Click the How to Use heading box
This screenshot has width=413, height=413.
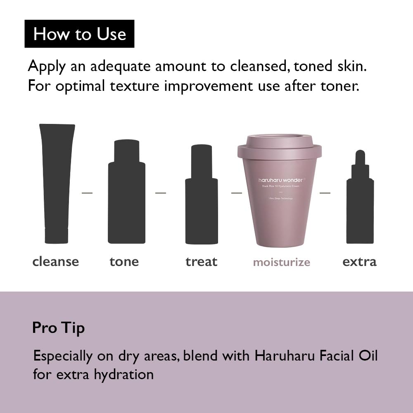(x=79, y=34)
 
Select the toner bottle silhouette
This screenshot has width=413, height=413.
(x=126, y=194)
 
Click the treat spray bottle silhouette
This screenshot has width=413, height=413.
(x=201, y=198)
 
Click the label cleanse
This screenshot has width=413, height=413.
(x=55, y=261)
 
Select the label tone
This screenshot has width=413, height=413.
(x=124, y=261)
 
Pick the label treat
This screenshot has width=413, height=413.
(x=201, y=261)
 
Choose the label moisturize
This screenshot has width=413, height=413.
(x=281, y=262)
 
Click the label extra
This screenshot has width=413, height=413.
(x=359, y=261)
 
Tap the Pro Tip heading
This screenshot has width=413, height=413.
(x=58, y=328)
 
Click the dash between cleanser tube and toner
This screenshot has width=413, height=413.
(x=87, y=193)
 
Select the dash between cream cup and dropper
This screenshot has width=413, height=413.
(x=325, y=193)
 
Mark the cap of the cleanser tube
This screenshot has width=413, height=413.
(x=57, y=235)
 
